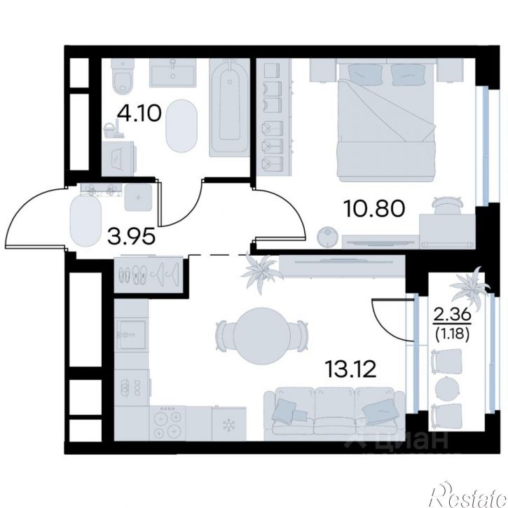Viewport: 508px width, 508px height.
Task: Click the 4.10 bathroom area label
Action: point(139,114)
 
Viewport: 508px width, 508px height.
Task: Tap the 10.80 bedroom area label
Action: point(375,208)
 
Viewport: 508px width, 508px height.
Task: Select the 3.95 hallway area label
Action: point(132,236)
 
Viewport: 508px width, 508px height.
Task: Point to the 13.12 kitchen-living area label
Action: point(351,369)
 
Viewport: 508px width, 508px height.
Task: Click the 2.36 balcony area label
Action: point(452,315)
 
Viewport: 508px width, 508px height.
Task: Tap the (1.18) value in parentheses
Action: point(452,334)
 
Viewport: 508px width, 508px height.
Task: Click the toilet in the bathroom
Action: point(123,76)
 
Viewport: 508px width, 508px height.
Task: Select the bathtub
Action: point(229,108)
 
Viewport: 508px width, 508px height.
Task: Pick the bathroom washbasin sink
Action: point(172,73)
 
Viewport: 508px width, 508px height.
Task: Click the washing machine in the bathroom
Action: point(119,159)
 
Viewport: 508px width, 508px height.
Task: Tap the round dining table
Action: point(263,336)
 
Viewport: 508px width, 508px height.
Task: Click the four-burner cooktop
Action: point(167,423)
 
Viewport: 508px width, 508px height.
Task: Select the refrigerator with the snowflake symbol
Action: point(229,424)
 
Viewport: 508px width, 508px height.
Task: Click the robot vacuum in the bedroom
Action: point(327,237)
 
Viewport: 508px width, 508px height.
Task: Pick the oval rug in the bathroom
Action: point(181,126)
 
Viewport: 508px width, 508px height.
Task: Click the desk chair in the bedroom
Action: point(447,205)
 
